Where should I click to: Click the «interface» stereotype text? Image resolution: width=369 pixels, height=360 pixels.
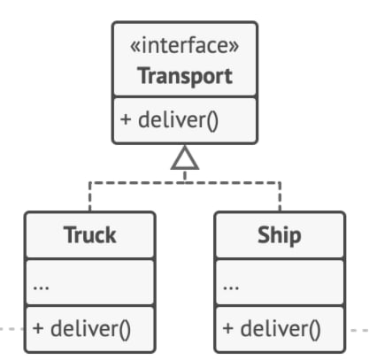coord(185,46)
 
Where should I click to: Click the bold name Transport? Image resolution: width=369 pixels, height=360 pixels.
coord(185,76)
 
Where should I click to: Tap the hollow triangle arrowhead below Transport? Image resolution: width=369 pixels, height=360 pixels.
coord(185,158)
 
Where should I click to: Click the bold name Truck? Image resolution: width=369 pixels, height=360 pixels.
coord(90,235)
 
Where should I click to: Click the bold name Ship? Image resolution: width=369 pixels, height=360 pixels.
coord(280,235)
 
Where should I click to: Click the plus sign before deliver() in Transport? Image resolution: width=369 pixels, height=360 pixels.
coord(126,119)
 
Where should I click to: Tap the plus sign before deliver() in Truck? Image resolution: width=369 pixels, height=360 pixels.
coord(38,328)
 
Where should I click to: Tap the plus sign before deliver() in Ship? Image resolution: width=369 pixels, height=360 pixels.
coord(228,328)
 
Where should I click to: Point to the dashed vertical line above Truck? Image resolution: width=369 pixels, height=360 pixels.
coord(90,197)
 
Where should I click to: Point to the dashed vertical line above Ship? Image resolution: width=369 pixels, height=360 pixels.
coord(280,197)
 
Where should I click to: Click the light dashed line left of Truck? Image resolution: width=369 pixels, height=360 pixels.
coord(12,329)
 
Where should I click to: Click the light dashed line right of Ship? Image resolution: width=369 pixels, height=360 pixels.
coord(359,330)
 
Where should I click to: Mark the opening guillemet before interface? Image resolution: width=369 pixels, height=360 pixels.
coord(135,47)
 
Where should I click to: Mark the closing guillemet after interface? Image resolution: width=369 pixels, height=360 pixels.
coord(234,47)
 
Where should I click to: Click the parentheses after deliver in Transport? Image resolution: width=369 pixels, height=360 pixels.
coord(212,121)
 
